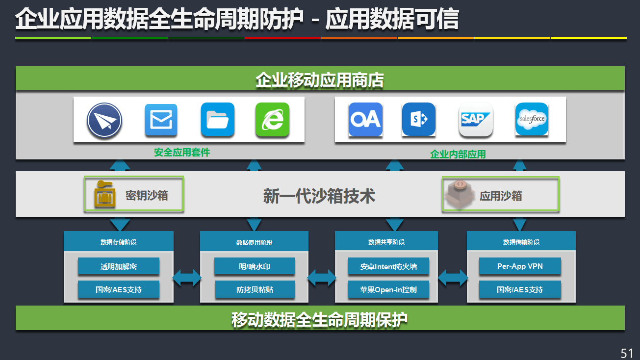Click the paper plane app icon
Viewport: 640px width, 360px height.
coord(104,120)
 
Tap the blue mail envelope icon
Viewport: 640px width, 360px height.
coord(161,120)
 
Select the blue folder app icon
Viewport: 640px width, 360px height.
coord(217,120)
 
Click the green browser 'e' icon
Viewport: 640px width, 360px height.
coord(272,120)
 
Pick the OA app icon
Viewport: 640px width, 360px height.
coord(365,119)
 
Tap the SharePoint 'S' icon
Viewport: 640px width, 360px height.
coord(418,119)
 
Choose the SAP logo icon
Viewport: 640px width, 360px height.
coord(475,119)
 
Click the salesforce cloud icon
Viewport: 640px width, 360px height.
coord(532,119)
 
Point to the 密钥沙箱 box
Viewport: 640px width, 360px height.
coord(133,194)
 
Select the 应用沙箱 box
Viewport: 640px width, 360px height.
coord(500,194)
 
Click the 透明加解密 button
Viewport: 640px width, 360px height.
coord(119,266)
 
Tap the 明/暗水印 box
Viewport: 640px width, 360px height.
coord(255,266)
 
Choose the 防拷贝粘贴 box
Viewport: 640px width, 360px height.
coord(255,289)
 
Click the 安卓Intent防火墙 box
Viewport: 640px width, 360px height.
coord(388,266)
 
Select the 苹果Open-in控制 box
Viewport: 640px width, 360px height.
coord(388,289)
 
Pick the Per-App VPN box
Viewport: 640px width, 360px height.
coord(520,266)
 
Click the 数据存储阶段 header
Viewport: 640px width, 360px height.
coord(119,242)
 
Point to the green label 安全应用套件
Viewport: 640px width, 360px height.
coord(182,153)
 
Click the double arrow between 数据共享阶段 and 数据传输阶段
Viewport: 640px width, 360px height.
coord(453,278)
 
